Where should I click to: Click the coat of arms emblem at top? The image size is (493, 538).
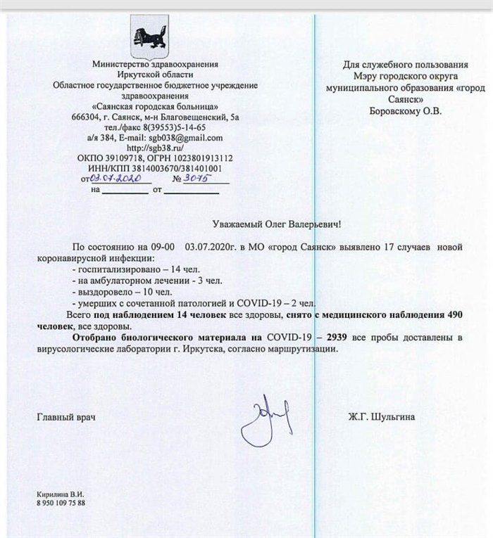pyautogui.click(x=150, y=38)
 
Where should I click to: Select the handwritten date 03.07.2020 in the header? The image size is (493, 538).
pyautogui.click(x=113, y=179)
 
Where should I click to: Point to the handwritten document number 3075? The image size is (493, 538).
pyautogui.click(x=200, y=179)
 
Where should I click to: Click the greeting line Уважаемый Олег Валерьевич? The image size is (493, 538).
pyautogui.click(x=280, y=224)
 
